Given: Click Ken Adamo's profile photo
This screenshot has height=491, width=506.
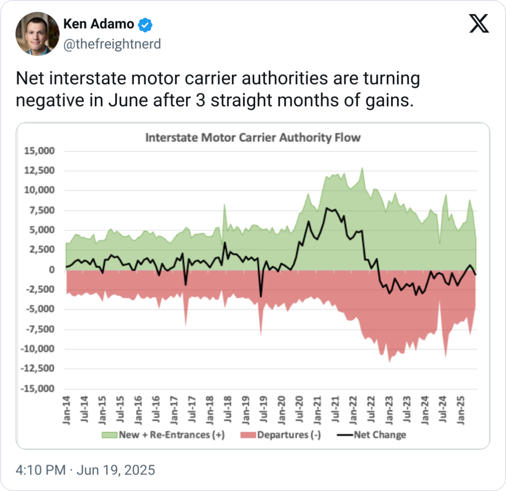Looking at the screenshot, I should (37, 34).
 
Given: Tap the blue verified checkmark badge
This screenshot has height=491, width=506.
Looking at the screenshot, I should (145, 25).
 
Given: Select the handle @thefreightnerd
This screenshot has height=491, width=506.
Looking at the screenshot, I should (112, 44).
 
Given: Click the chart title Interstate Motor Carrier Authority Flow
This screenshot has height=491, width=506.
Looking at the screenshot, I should (253, 137).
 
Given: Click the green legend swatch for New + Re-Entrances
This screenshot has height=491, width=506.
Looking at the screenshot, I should (109, 435).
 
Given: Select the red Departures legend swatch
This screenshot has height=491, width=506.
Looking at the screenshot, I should (248, 435).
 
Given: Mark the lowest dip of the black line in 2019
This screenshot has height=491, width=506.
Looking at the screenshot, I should (261, 296).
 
